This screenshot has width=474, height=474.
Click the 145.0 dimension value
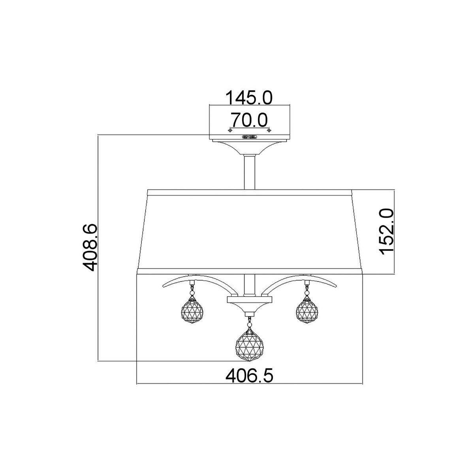(x=249, y=98)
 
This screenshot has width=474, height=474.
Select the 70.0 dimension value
(x=249, y=120)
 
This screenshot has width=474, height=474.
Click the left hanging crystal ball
(x=192, y=310)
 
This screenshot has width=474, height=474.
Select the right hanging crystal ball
(x=307, y=310)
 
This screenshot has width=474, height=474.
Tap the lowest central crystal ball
(x=250, y=347)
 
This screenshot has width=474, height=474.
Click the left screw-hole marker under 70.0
(x=230, y=130)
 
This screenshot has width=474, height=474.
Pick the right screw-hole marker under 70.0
(x=269, y=130)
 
